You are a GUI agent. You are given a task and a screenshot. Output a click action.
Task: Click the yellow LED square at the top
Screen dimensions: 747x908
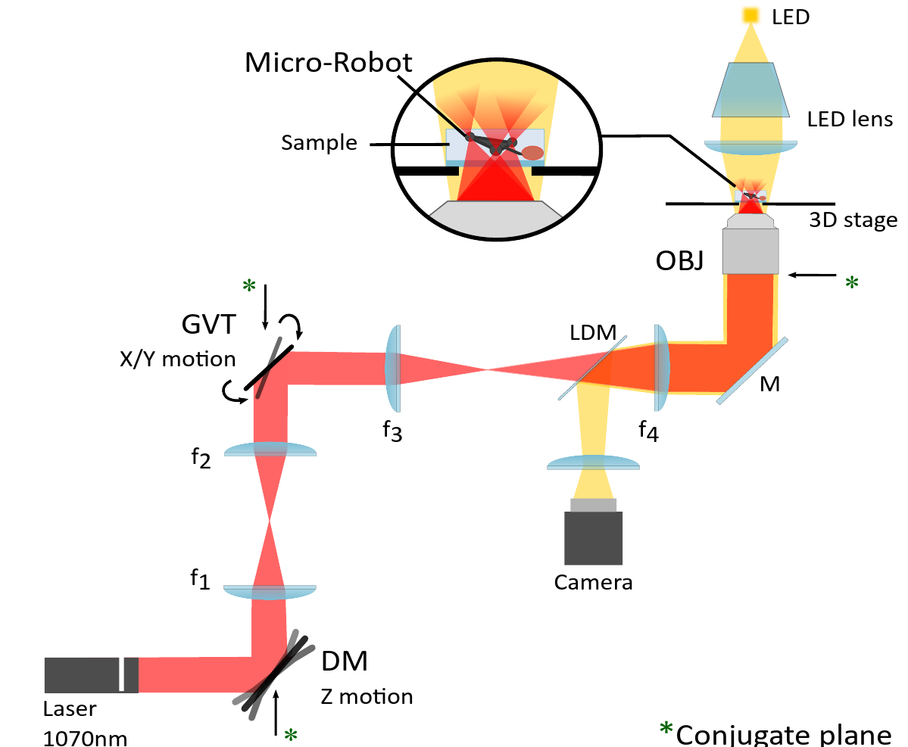(750, 14)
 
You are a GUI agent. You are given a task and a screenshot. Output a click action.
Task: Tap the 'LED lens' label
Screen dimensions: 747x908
(850, 119)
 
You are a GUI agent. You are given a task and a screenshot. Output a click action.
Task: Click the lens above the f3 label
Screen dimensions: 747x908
(395, 367)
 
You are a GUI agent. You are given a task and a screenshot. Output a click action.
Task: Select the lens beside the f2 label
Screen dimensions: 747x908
(270, 450)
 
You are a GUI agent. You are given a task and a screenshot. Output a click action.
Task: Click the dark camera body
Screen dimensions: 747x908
(593, 537)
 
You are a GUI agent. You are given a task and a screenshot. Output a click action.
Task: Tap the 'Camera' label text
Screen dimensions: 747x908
(593, 583)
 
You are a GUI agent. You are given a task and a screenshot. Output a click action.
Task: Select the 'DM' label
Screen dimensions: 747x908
(345, 661)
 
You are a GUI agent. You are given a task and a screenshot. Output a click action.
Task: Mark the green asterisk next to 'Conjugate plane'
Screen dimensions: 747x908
(666, 730)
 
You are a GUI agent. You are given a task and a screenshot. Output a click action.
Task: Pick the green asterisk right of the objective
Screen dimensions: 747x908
(852, 283)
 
